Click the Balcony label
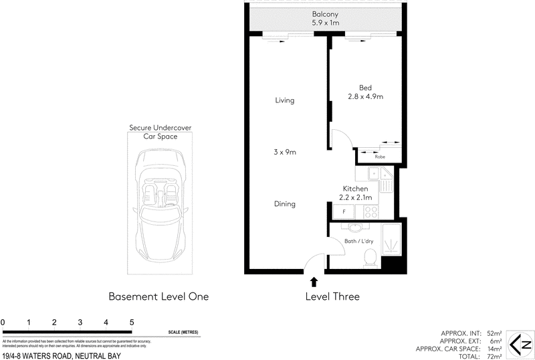(325, 14)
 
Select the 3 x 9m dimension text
(284, 153)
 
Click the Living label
(284, 100)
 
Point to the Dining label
(284, 204)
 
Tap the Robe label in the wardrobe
(380, 157)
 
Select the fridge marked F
(344, 212)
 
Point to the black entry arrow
(313, 282)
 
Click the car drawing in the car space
(160, 204)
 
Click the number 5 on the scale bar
(132, 322)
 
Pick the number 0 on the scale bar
(3, 322)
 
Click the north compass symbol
(519, 345)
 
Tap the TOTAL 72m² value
(494, 355)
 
